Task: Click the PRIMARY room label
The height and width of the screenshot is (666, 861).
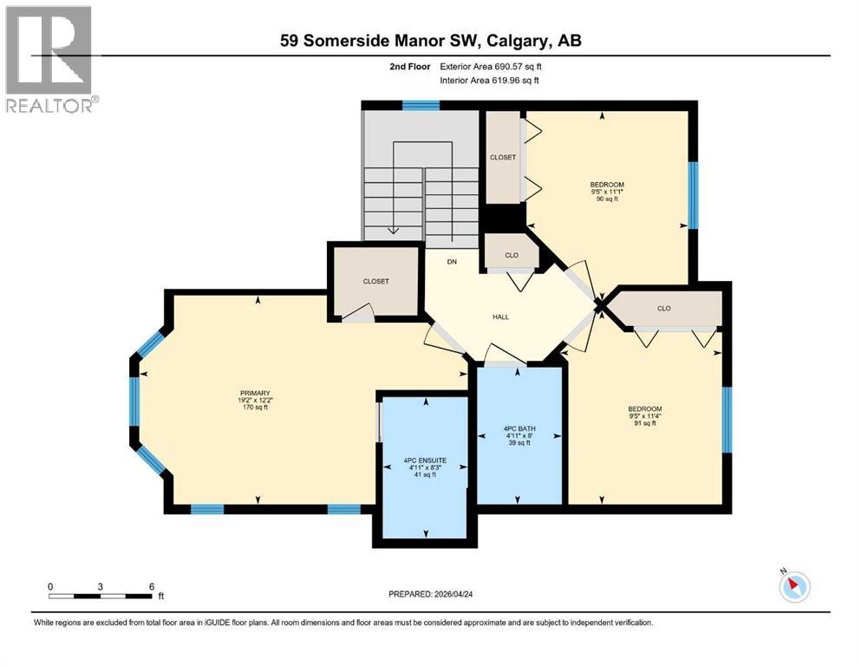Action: click(256, 392)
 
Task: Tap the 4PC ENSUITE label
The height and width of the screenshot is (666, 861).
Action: click(425, 460)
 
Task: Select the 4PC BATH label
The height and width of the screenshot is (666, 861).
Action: click(518, 428)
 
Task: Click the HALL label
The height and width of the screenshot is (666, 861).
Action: click(500, 317)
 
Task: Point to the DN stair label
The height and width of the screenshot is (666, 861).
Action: click(452, 261)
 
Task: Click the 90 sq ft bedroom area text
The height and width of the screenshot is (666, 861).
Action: click(607, 200)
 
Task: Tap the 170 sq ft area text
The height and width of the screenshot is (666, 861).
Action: click(256, 408)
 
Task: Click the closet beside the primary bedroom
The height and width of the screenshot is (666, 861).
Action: click(375, 282)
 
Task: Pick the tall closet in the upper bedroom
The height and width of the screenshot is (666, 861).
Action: click(502, 157)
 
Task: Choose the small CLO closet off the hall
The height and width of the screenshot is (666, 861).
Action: click(512, 255)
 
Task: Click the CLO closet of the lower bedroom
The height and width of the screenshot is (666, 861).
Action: click(664, 308)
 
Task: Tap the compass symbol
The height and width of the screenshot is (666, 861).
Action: click(793, 586)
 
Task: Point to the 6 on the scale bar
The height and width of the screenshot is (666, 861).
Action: click(151, 586)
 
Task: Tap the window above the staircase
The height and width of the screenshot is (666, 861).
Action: click(421, 106)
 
